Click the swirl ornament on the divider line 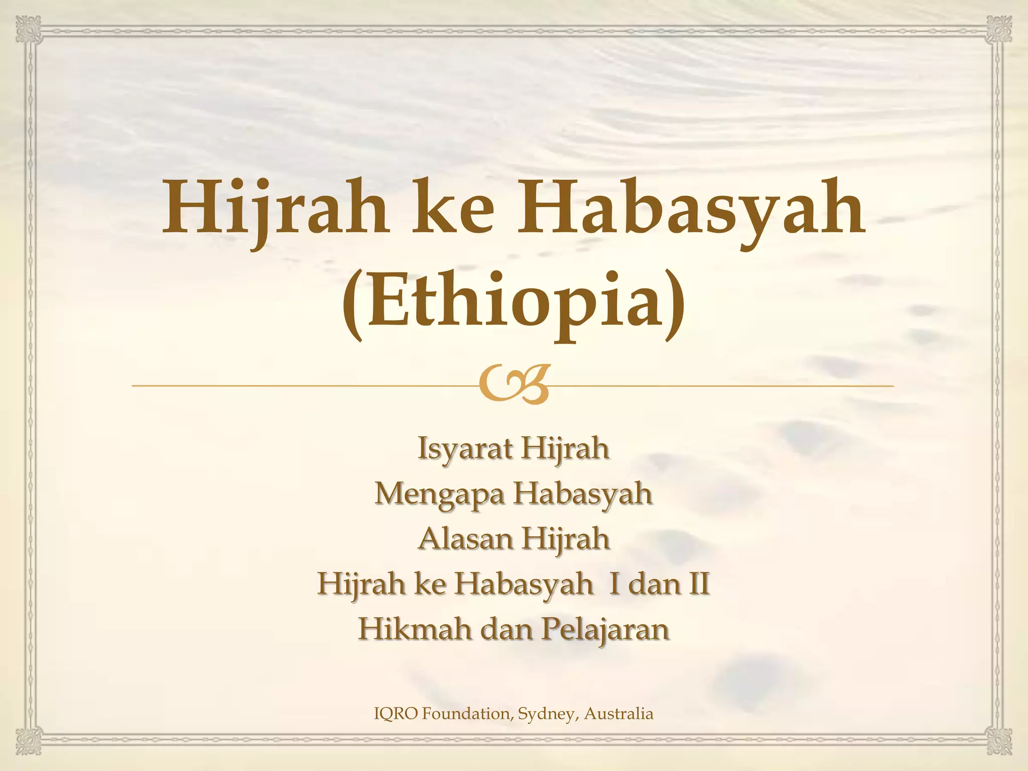pyautogui.click(x=513, y=385)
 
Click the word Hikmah pyautogui.click(x=415, y=629)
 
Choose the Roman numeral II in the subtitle pyautogui.click(x=699, y=584)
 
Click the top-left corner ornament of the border pyautogui.click(x=28, y=29)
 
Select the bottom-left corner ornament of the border pyautogui.click(x=28, y=741)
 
